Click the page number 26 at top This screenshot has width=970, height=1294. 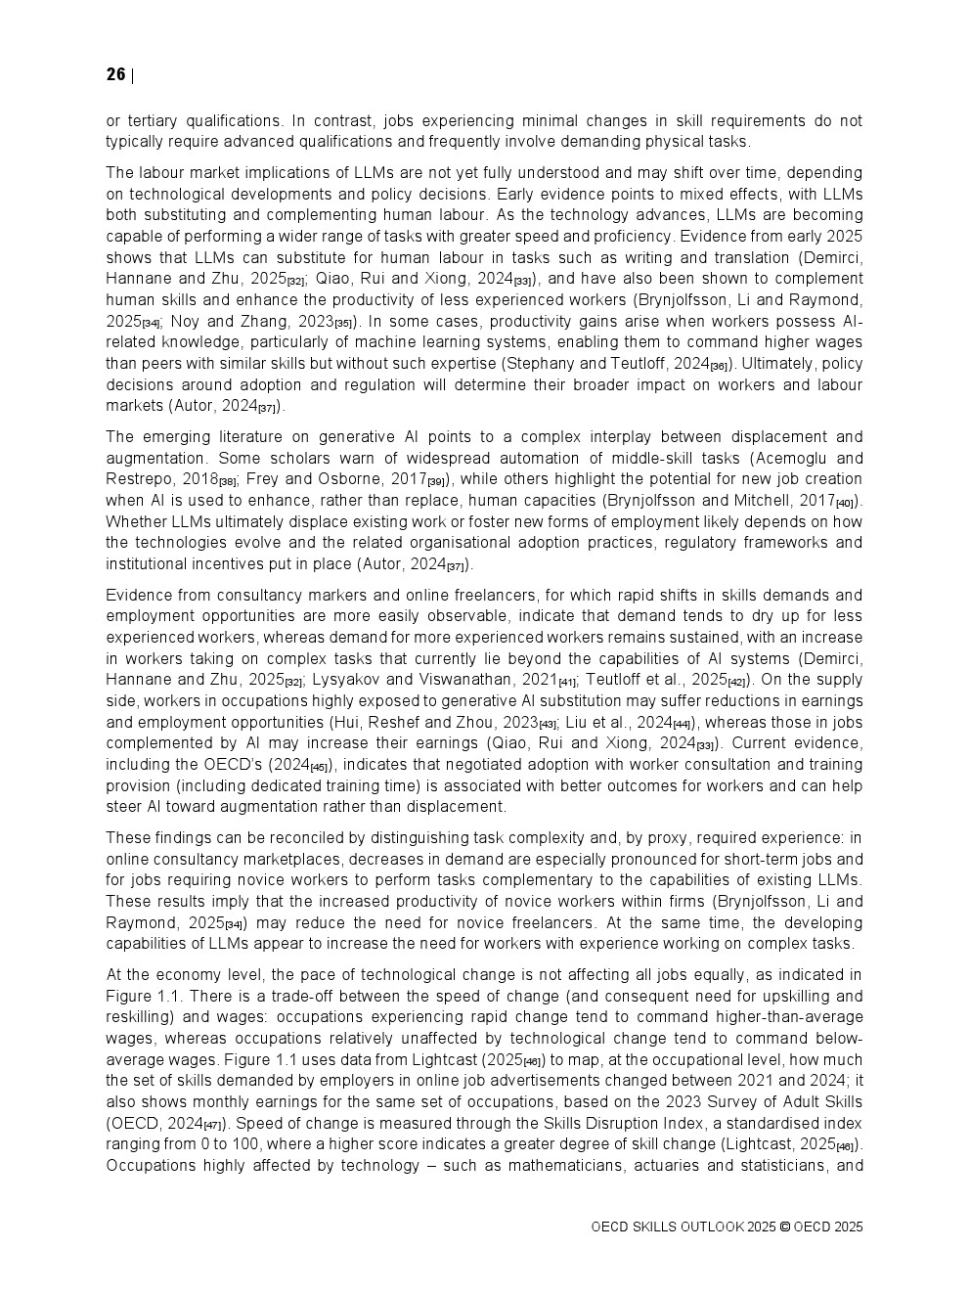115,75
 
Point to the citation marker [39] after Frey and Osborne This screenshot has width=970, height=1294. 436,481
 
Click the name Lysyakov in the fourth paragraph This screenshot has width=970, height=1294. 349,680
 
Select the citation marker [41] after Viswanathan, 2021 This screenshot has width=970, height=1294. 567,682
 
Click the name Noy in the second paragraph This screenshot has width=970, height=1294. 186,321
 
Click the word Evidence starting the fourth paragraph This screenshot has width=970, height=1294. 138,595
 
